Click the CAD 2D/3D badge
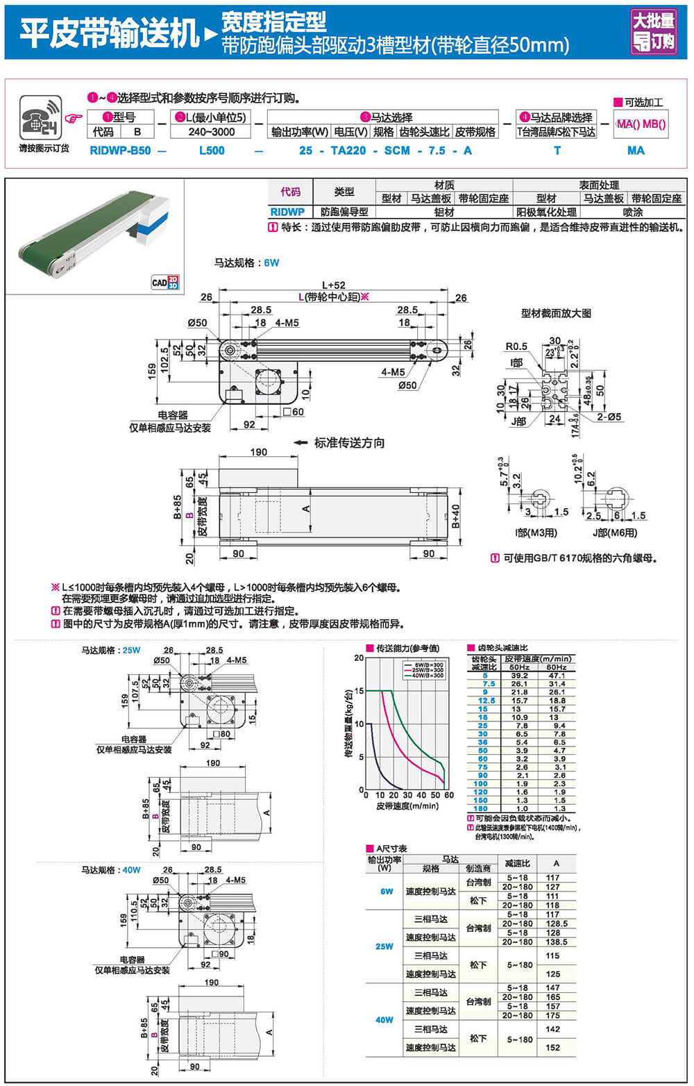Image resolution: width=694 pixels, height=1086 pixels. (165, 282)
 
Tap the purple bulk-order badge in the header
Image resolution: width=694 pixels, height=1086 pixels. (652, 31)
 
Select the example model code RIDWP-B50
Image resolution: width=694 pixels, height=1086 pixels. (120, 151)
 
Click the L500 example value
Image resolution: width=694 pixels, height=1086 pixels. (212, 151)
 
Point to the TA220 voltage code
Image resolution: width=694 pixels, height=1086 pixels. (348, 151)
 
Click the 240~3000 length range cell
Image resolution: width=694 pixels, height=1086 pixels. (211, 132)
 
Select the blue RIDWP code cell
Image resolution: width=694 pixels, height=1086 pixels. (287, 212)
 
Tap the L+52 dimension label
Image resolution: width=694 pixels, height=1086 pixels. (333, 285)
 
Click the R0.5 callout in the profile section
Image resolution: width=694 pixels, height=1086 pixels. (516, 346)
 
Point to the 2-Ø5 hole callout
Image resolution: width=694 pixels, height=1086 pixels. (609, 417)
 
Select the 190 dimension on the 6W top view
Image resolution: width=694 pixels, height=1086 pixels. (258, 452)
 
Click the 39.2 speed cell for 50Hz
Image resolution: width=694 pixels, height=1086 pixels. (519, 676)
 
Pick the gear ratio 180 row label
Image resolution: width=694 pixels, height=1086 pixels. (480, 809)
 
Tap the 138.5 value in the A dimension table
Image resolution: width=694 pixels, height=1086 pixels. (552, 942)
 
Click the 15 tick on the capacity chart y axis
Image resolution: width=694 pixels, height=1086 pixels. (359, 691)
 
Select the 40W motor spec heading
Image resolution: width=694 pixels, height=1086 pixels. (111, 870)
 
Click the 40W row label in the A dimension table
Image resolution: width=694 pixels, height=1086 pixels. (384, 1020)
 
